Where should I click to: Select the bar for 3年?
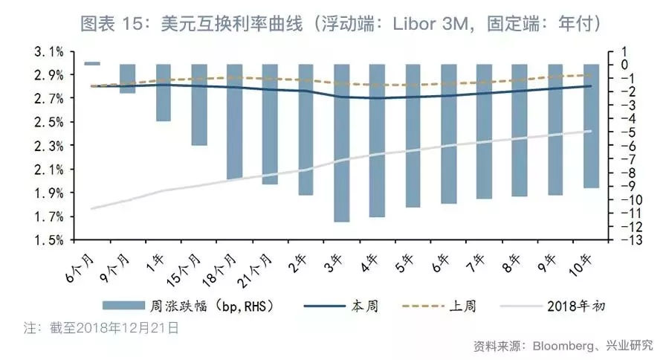coord(341,143)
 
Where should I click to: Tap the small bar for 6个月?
coord(92,63)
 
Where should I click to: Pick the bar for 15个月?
coord(199,105)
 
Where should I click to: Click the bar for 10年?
coord(591,126)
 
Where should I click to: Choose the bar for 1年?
coord(164,93)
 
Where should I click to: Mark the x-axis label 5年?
coord(405,261)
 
